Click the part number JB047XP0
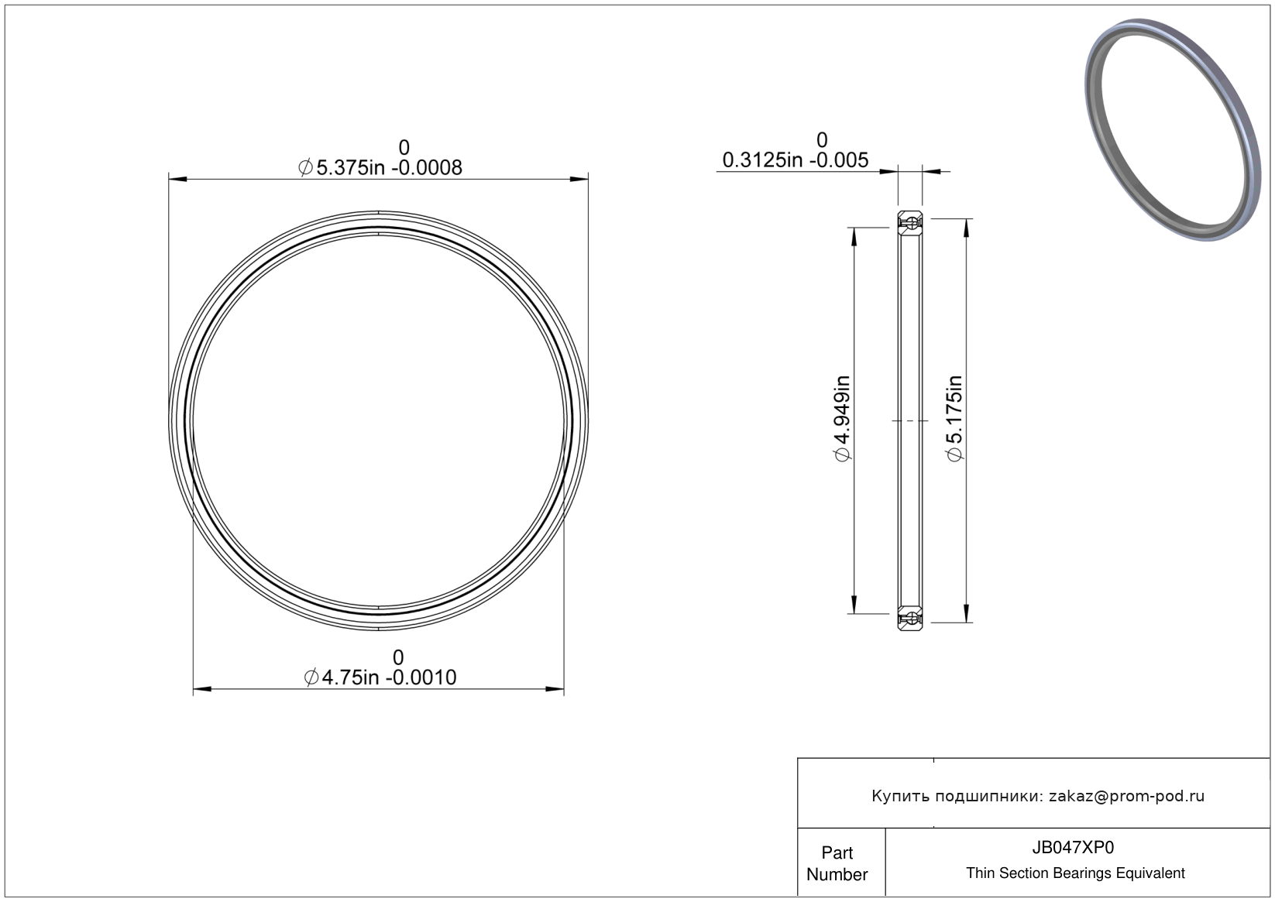(x=1073, y=847)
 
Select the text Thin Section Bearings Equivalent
(x=1075, y=873)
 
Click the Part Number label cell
(x=837, y=863)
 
